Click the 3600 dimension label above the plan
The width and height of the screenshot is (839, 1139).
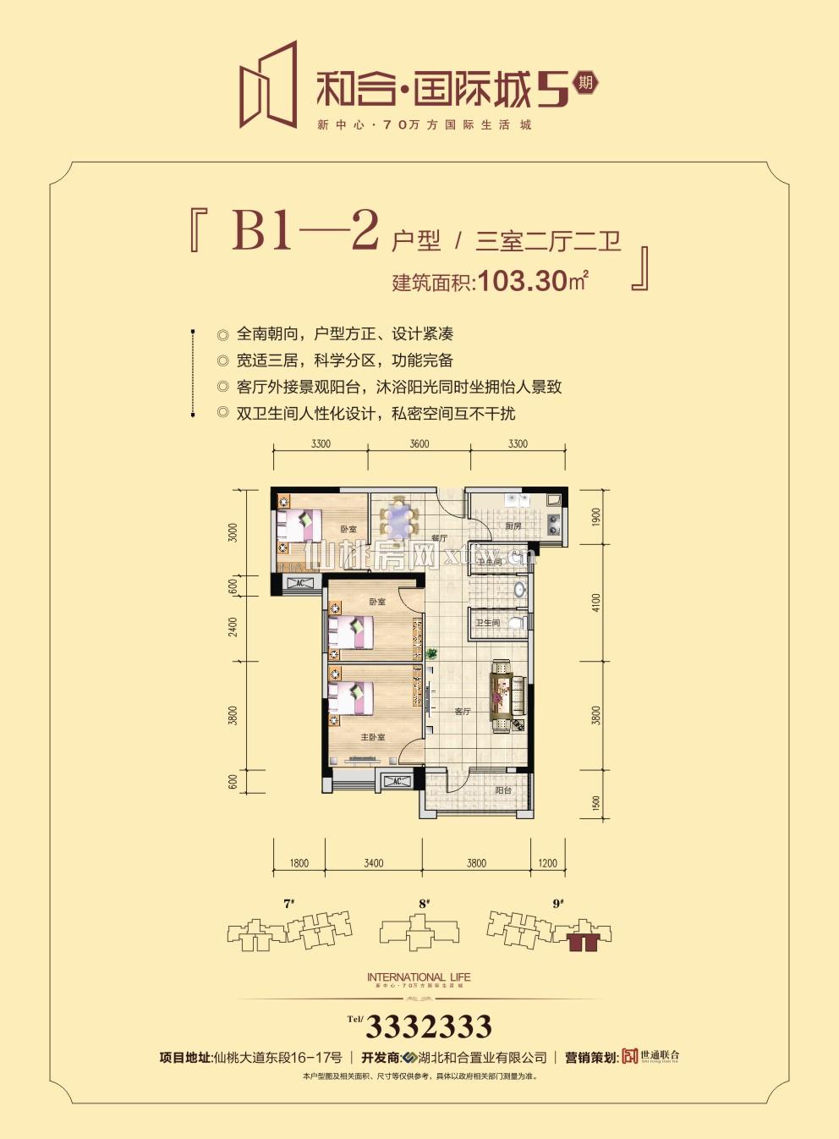point(419,443)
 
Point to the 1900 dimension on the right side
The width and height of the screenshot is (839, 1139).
point(595,518)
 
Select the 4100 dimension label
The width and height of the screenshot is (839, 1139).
point(595,603)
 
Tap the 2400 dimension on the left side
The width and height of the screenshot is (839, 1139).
point(233,627)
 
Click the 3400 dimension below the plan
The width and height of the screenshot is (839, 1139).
point(373,863)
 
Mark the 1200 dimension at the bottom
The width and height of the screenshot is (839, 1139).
point(547,863)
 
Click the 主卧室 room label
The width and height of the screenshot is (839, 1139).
point(373,737)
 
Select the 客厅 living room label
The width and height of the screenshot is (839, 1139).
point(462,712)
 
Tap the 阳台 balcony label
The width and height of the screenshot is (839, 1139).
point(503,790)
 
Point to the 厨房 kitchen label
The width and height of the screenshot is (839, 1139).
point(513,526)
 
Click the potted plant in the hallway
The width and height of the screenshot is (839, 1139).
point(432,653)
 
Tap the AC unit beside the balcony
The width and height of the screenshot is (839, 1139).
point(396,781)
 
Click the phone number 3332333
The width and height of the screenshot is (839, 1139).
point(428,1026)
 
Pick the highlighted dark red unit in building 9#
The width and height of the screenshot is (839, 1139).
point(583,941)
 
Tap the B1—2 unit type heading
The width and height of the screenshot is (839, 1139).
point(304,230)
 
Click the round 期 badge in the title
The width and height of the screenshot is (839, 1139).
point(584,83)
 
